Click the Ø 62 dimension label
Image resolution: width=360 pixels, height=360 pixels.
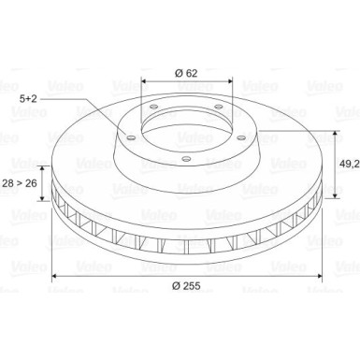pyautogui.click(x=186, y=73)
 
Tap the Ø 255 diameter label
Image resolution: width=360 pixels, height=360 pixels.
pyautogui.click(x=186, y=285)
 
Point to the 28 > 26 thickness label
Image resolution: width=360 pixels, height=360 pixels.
pyautogui.click(x=20, y=183)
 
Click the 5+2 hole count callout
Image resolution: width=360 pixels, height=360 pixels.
pyautogui.click(x=28, y=99)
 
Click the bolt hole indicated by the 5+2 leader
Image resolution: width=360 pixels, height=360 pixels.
pyautogui.click(x=131, y=137)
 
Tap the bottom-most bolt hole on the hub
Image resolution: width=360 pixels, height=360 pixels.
pyautogui.click(x=186, y=159)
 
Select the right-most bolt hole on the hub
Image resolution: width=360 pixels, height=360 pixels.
pyautogui.click(x=241, y=137)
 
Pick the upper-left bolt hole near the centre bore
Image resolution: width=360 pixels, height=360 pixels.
pyautogui.click(x=153, y=108)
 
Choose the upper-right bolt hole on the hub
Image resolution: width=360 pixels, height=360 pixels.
pyautogui.click(x=219, y=108)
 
